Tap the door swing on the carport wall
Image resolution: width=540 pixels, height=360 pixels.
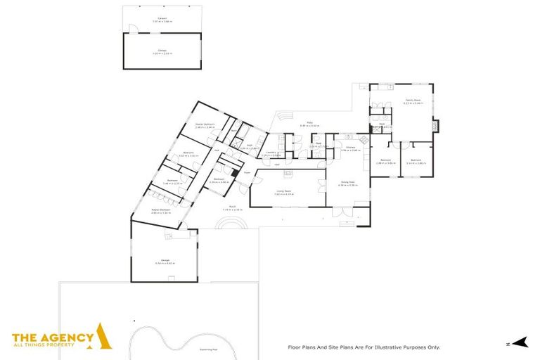tap(129, 27)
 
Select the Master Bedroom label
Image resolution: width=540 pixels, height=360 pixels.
tap(205, 125)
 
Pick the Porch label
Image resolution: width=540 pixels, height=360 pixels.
tap(232, 208)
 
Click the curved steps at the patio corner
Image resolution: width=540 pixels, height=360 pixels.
tap(283, 115)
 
